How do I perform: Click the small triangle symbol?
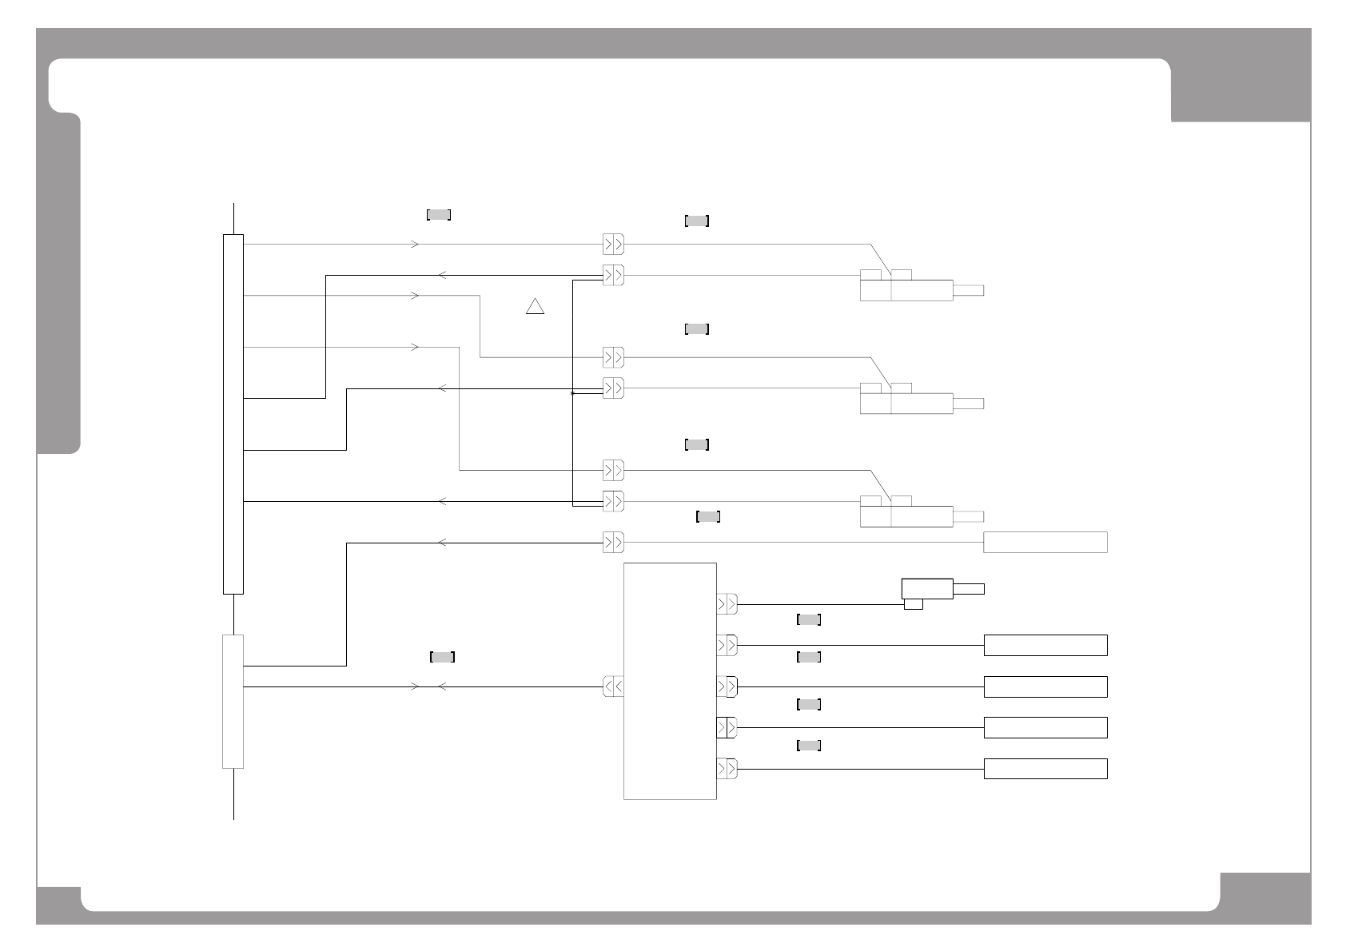tap(535, 306)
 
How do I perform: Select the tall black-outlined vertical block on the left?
tap(233, 414)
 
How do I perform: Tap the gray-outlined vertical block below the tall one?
tap(233, 701)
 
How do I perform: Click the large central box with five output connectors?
tap(669, 680)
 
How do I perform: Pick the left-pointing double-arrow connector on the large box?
tap(613, 686)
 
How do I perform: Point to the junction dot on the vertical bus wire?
tap(573, 393)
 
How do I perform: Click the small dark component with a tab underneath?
tap(926, 590)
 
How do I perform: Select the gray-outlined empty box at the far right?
tap(1045, 542)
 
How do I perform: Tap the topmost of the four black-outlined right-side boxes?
tap(1045, 645)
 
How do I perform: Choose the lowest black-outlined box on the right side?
tap(1045, 769)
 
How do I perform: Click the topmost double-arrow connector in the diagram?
tap(613, 244)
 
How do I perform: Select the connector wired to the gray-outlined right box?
tap(613, 543)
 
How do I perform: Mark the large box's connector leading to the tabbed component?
tap(727, 604)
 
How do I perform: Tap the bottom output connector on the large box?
tap(727, 769)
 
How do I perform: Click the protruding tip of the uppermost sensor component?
tap(968, 290)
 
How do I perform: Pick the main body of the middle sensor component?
tap(921, 404)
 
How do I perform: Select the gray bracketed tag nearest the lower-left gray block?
tap(442, 657)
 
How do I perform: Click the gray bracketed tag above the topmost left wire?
tap(439, 214)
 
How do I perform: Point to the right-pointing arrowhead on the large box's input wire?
tap(415, 686)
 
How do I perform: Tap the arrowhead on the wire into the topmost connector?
tap(415, 244)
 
